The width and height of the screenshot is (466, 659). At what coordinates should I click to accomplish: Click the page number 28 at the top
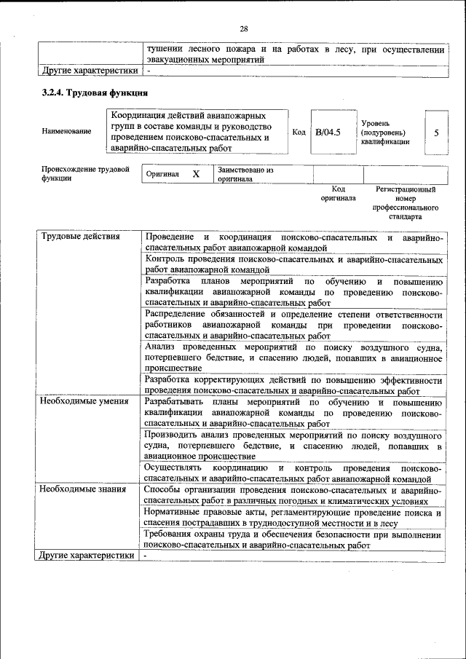pos(243,28)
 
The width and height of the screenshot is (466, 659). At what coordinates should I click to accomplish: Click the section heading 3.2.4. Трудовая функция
pos(95,92)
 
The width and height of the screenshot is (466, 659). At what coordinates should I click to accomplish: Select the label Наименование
pos(66,131)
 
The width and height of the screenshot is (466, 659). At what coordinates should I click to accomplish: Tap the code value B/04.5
pos(328,132)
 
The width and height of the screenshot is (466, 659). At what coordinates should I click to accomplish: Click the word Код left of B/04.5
pos(299,132)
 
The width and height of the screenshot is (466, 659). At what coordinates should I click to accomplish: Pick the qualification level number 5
pos(436,133)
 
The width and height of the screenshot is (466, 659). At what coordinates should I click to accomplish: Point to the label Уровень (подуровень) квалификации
pos(384,132)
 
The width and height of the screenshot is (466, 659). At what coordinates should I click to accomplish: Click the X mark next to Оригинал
pos(196,175)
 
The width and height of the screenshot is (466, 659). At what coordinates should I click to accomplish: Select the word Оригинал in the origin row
pos(162,175)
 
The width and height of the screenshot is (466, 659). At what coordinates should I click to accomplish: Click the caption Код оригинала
pos(338,193)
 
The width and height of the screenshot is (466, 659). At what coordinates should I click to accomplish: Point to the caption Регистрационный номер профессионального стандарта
pos(405,202)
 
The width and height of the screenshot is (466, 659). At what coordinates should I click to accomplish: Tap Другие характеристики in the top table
pos(88,71)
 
